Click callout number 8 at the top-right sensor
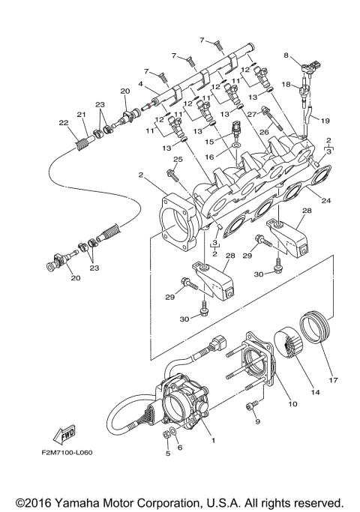pos(286,55)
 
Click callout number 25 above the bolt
pos(178,160)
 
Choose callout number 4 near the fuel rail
pos(139,84)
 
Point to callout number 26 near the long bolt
pos(263,131)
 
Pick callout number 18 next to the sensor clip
pos(286,85)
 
